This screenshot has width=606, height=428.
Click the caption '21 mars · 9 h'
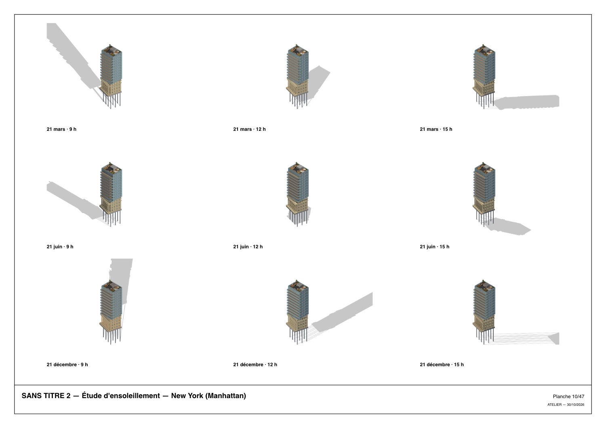61,129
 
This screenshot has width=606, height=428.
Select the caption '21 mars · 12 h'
249,129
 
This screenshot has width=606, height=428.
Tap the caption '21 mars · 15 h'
436,129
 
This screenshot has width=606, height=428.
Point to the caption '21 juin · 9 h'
60,247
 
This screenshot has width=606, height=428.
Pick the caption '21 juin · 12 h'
248,247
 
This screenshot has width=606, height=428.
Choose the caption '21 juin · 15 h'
435,247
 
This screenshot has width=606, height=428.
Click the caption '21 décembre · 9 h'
67,365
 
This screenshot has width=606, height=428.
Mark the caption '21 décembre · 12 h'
255,365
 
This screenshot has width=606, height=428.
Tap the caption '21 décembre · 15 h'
442,365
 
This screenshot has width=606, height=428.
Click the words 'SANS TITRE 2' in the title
46,396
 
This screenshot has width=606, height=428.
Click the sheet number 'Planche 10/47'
568,397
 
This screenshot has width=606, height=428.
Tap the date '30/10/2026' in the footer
575,405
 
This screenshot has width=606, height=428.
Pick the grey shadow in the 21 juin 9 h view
74,200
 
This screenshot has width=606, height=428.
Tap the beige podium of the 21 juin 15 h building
484,206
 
